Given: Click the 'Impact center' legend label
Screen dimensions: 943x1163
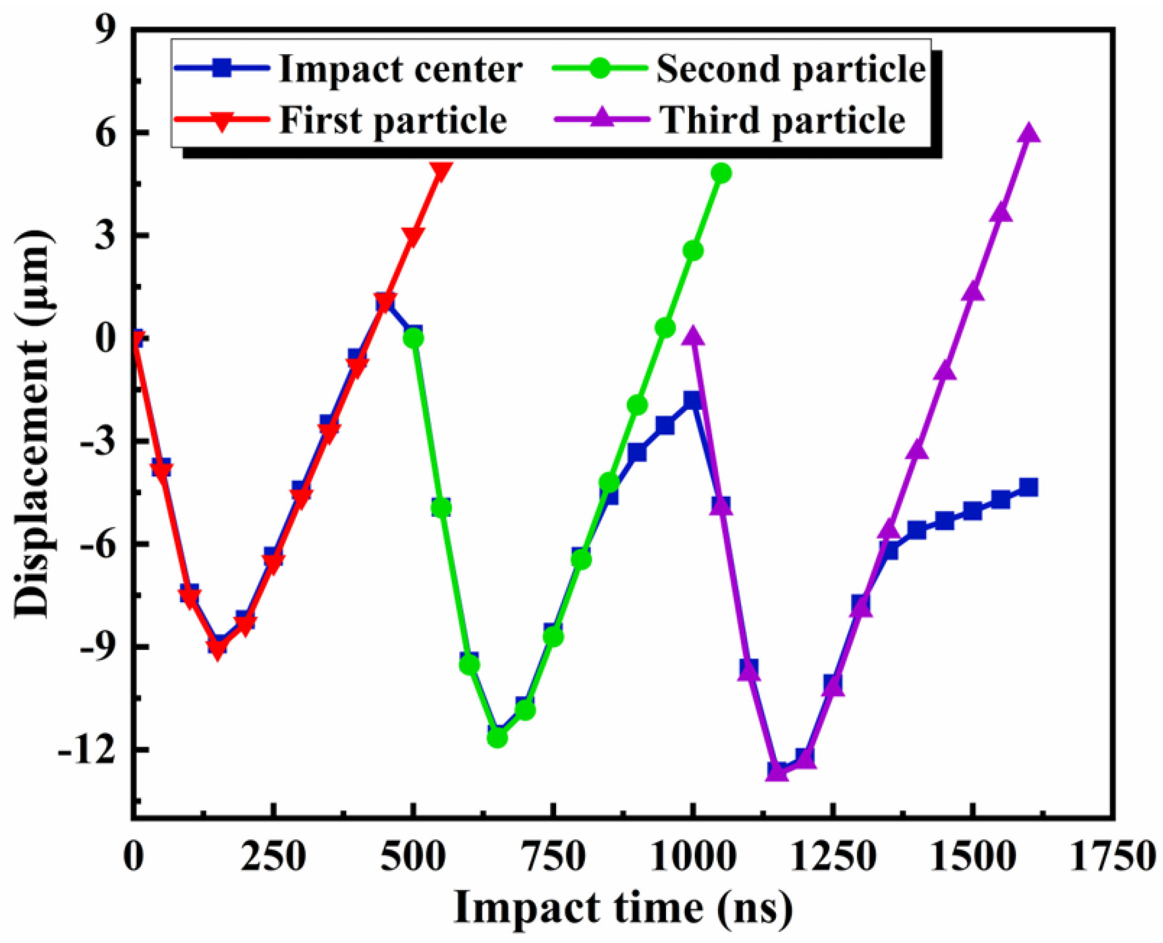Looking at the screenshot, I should coord(400,69).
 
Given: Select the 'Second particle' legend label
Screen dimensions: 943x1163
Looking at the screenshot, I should coord(791,69).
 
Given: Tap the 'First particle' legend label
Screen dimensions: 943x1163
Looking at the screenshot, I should coord(393,120).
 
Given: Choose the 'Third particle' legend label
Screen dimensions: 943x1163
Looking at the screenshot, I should coord(783,120).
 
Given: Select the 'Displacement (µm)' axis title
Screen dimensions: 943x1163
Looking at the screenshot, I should coord(34,424).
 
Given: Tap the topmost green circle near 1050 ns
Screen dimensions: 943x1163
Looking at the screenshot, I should coord(721,173).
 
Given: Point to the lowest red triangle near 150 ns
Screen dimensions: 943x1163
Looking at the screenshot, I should coord(218,647).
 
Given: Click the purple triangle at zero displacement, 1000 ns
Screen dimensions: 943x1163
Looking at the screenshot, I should coord(694,337).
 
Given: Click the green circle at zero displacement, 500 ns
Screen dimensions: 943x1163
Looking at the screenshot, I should coord(414,338).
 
